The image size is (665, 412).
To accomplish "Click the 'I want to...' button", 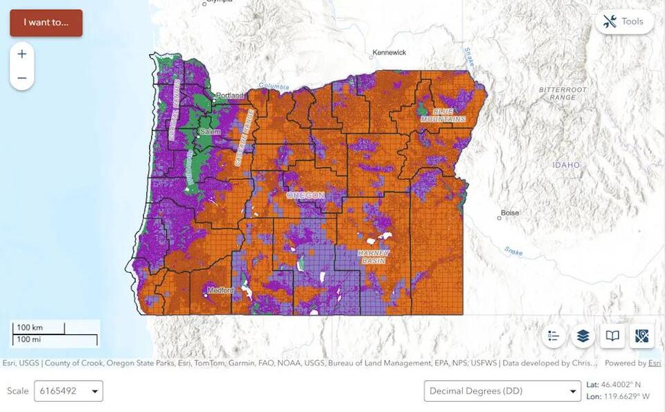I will (46, 22).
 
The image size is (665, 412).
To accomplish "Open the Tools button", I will (623, 21).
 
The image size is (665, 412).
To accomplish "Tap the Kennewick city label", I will (389, 53).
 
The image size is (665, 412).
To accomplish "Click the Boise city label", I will (509, 213).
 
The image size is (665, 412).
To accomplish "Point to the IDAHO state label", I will (566, 165).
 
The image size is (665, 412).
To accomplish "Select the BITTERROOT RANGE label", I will (562, 93).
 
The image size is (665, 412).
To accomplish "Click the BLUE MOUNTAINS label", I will (443, 115).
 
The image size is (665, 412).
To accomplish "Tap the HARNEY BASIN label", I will (374, 257).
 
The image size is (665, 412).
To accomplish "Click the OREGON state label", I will (305, 196).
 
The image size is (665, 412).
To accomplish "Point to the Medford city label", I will (220, 290).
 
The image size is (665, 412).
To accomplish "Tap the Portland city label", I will (230, 96).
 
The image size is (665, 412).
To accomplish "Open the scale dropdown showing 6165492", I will (69, 391).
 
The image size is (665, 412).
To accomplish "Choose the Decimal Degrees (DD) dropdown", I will (502, 391).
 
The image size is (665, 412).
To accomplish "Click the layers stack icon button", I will (583, 336).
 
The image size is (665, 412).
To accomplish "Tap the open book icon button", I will (612, 336).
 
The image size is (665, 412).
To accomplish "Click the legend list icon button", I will (553, 336).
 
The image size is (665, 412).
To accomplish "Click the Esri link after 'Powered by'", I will (654, 363).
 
